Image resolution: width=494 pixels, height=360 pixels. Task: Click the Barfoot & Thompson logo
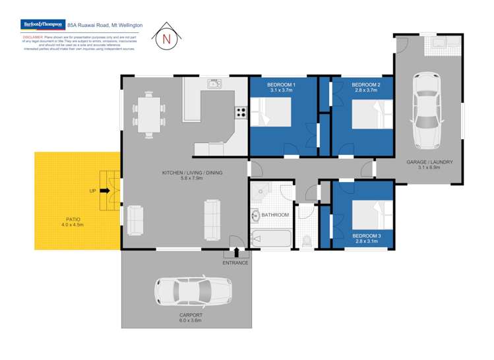tap(43, 24)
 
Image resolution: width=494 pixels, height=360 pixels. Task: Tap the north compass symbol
tap(166, 39)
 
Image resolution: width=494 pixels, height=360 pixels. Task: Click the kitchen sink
tap(214, 84)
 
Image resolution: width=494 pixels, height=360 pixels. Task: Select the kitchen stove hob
tap(241, 112)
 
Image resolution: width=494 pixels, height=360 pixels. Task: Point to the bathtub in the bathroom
tap(271, 238)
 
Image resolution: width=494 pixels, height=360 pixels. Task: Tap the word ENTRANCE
tap(235, 263)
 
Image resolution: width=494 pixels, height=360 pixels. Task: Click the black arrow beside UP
tap(105, 191)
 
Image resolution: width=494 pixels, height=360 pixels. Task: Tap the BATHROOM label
tap(275, 215)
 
